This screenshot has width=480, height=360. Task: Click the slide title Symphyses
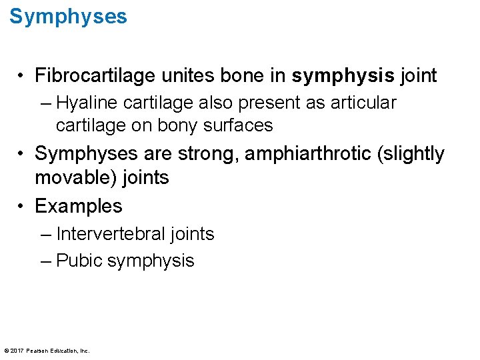pyautogui.click(x=68, y=17)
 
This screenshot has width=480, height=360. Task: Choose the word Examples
pyautogui.click(x=79, y=206)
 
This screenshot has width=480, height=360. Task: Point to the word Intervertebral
pyautogui.click(x=111, y=234)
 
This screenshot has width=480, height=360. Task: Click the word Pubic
pyautogui.click(x=79, y=261)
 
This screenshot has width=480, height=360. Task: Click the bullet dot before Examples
pyautogui.click(x=22, y=206)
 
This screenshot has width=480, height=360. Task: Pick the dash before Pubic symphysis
pyautogui.click(x=45, y=261)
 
